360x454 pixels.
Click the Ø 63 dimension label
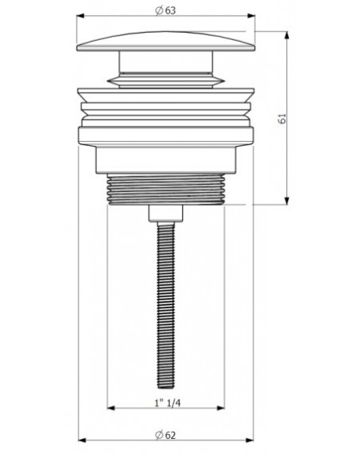[x=166, y=10]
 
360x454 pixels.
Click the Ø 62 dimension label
[x=166, y=435]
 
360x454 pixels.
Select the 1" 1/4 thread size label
[x=167, y=403]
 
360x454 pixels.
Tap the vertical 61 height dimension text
[x=282, y=119]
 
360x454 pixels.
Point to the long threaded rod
[x=166, y=305]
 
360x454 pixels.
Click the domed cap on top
[x=166, y=42]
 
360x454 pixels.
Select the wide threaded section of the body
[x=166, y=189]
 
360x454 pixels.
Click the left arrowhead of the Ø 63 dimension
[x=80, y=16]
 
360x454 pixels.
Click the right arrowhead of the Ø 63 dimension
[x=251, y=16]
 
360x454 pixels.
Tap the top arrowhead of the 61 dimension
[x=286, y=35]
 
